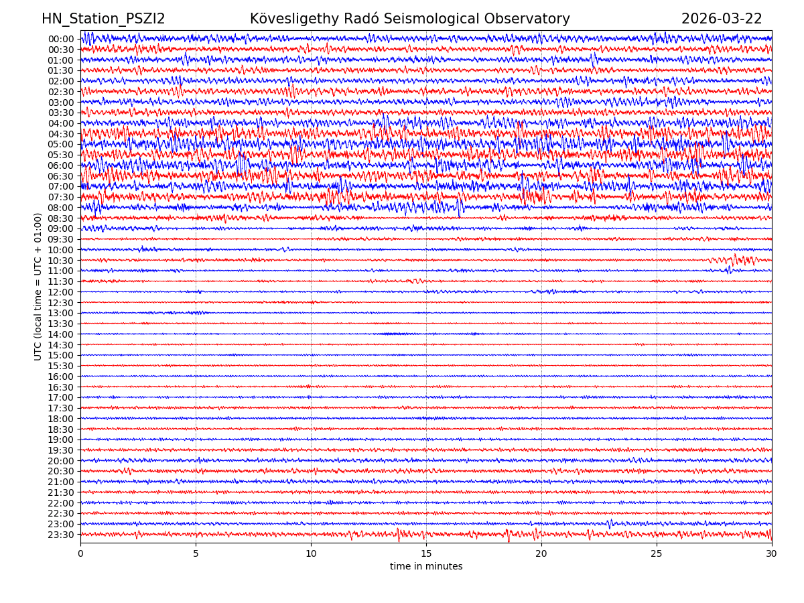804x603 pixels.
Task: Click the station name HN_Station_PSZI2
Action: coord(103,19)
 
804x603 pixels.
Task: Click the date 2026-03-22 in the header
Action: coord(722,19)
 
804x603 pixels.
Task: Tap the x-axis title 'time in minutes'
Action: coord(426,566)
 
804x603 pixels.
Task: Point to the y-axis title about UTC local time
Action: coord(38,286)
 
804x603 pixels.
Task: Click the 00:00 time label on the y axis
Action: coord(60,39)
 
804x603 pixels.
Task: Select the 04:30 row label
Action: coord(60,134)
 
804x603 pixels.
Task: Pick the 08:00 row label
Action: coord(60,208)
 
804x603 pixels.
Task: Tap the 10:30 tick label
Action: coord(60,261)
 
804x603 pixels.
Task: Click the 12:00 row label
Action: coord(60,292)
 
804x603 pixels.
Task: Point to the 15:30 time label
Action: coord(60,366)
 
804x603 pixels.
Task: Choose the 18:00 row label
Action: coord(60,419)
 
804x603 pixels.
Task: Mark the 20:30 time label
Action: coord(60,472)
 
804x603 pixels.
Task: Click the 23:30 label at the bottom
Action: coord(60,535)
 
